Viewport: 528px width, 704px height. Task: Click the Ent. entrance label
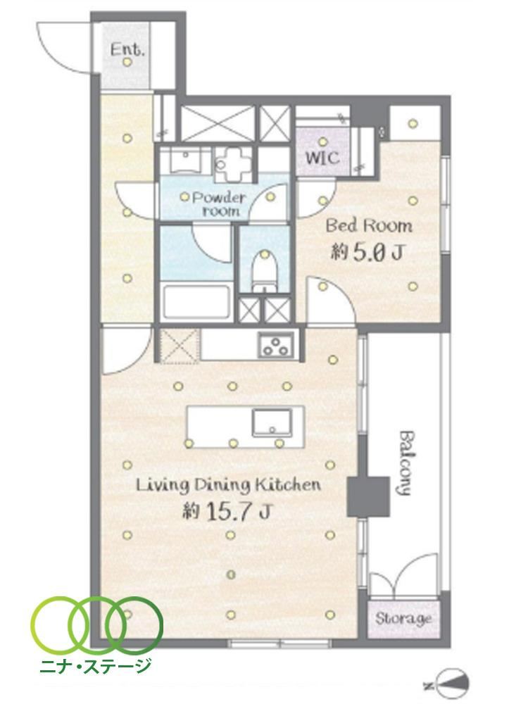(127, 49)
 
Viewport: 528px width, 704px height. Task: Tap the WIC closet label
(322, 158)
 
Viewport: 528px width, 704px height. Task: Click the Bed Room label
(369, 225)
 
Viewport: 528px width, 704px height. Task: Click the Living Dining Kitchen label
(228, 485)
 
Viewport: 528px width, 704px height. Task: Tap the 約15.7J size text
(226, 511)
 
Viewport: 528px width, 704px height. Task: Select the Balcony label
(405, 463)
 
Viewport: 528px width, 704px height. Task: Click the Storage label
(403, 619)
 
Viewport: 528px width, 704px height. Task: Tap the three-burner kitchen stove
(276, 345)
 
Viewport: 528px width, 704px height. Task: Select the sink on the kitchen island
(272, 422)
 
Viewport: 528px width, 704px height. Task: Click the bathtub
(196, 301)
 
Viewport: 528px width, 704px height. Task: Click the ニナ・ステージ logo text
(95, 665)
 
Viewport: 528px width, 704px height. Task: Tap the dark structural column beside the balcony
(368, 496)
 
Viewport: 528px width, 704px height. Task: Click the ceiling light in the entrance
(127, 63)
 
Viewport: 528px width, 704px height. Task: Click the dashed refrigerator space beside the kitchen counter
(180, 346)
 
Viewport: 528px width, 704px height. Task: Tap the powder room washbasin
(185, 161)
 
